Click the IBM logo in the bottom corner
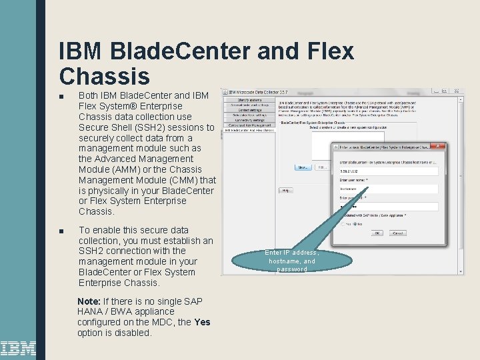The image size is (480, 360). (18, 348)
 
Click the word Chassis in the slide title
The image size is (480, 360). (104, 75)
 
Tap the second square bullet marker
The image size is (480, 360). (61, 231)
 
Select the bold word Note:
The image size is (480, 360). (89, 301)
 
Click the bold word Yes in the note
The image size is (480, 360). (202, 322)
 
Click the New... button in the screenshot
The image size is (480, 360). (303, 167)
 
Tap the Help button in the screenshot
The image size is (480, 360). (286, 190)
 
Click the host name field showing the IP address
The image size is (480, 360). (387, 171)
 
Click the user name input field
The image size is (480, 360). (387, 189)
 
